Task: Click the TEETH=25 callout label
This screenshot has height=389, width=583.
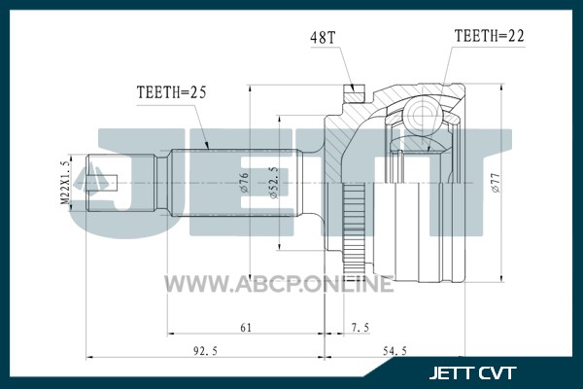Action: click(171, 92)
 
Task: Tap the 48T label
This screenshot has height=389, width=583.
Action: click(324, 38)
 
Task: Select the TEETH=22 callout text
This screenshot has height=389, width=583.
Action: click(490, 36)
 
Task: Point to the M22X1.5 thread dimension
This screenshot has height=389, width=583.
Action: click(65, 183)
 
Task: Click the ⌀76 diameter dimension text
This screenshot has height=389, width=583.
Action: click(244, 183)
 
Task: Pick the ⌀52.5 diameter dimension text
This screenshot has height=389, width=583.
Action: click(273, 183)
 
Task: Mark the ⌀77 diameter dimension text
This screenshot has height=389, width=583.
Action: click(496, 183)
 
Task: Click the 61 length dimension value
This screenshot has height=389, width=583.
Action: click(246, 328)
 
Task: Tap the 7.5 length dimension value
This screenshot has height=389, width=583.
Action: click(360, 328)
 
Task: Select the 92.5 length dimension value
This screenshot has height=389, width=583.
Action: click(205, 351)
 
